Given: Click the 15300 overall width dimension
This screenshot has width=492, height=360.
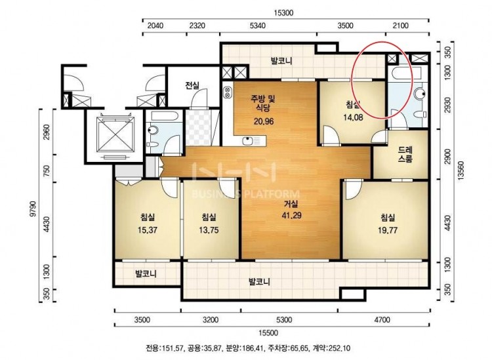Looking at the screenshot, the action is (x=283, y=13).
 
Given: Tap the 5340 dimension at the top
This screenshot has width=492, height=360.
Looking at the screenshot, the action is (x=258, y=26).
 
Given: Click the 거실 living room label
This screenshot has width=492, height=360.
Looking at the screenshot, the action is (x=291, y=204).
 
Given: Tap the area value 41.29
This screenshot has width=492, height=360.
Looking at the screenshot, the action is (x=291, y=216).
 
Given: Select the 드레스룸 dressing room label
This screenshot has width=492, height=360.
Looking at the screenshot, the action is (x=405, y=154).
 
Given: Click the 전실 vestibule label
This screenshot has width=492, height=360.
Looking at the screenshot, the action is (x=192, y=85).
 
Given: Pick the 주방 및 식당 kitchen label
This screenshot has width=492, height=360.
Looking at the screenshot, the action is (x=263, y=103).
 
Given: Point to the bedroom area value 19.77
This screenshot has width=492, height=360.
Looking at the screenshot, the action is (x=388, y=230).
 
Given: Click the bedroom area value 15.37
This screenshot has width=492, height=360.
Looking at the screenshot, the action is (x=147, y=230).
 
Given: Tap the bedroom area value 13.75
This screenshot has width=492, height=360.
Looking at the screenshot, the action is (x=209, y=230).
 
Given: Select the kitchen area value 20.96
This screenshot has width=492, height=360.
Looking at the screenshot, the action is (x=264, y=121).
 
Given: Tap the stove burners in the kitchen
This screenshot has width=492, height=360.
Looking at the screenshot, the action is (x=227, y=92).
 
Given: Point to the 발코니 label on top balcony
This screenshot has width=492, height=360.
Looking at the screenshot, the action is (x=281, y=61).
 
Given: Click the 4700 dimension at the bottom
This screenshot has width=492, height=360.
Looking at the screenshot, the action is (x=382, y=320).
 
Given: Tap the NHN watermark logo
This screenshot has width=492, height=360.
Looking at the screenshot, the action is (x=234, y=172).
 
